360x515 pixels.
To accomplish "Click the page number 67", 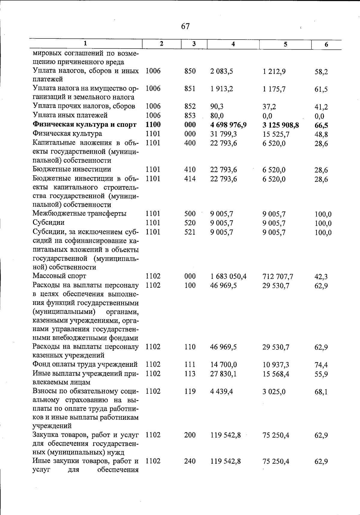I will pos(185,26).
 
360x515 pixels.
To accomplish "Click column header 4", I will pos(233,44).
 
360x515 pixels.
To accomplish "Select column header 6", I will pos(326,45).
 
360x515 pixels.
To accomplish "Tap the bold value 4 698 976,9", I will pos(228,125).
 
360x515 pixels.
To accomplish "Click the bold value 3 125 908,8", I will pos(280,125).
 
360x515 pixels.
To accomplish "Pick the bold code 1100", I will pos(153,125).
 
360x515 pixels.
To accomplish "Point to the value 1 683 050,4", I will pos(228,276).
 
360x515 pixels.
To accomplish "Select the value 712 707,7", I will pos(278,276).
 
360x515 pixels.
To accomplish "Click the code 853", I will pos(190,116).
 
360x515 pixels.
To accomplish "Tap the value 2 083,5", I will pos(222,71).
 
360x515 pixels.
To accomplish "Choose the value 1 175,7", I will pos(274,89).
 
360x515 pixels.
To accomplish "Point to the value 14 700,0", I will pos(223,365).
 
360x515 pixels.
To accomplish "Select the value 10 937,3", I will pos(276,365).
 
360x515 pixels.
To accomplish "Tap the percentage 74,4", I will pos(321,365).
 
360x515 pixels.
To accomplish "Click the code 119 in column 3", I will pos(190,391).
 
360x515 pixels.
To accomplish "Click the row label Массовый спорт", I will pos(59,276).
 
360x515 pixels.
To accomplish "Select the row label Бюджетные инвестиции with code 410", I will pos(72,169).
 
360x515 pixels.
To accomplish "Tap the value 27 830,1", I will pos(223,374).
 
